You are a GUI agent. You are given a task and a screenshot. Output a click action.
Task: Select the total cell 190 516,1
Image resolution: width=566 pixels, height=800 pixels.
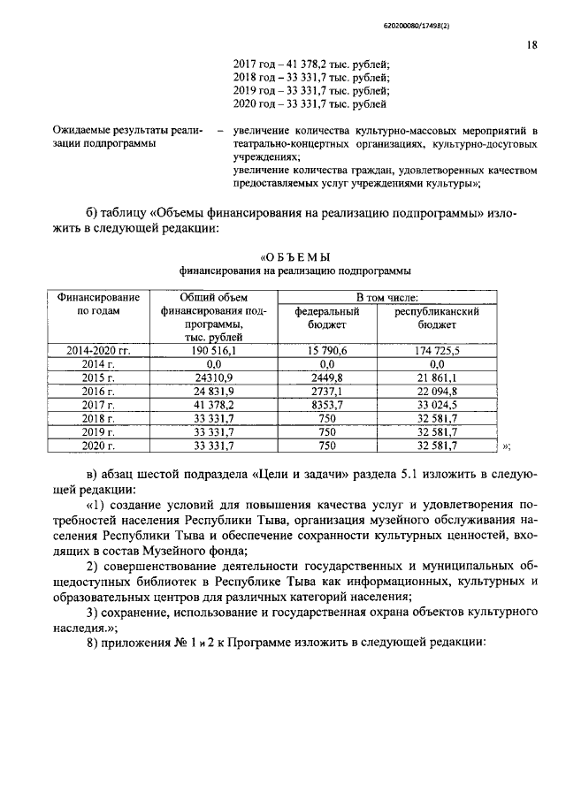213,351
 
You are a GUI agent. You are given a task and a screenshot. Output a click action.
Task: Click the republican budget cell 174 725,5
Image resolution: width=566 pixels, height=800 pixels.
436,351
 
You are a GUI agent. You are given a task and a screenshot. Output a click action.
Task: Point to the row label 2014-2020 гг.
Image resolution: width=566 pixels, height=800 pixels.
98,351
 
